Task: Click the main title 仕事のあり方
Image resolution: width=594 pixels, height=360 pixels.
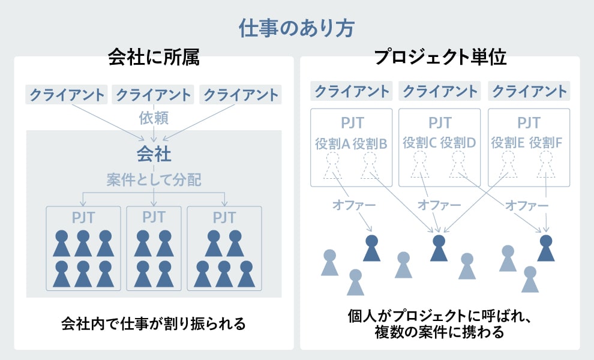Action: click(x=296, y=29)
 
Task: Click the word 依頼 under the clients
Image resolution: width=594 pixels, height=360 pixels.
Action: click(x=154, y=116)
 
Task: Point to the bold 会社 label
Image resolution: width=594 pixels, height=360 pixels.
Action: click(x=154, y=154)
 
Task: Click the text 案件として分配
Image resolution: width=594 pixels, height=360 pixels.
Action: click(x=154, y=180)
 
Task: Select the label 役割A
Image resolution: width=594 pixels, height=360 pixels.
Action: click(x=332, y=143)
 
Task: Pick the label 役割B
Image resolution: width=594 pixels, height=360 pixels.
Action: click(x=370, y=143)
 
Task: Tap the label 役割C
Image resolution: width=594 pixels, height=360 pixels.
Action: click(x=420, y=143)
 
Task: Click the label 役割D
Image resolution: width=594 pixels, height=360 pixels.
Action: click(x=458, y=143)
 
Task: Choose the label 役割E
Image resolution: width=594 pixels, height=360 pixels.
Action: click(x=508, y=143)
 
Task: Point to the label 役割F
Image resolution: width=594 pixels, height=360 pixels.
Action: click(x=546, y=143)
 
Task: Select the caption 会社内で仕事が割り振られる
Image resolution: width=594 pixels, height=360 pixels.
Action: click(x=154, y=324)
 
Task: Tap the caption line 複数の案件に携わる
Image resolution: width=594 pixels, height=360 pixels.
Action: click(x=440, y=332)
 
